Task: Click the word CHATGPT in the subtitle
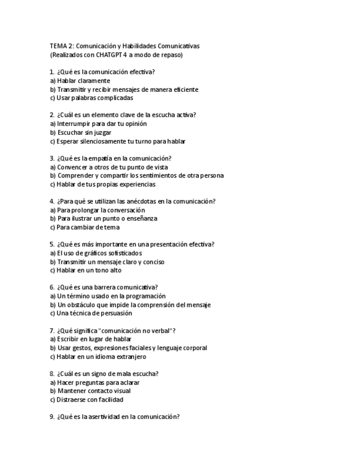tap(111, 55)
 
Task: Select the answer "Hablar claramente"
tap(83, 81)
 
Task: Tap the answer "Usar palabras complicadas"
tap(94, 98)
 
